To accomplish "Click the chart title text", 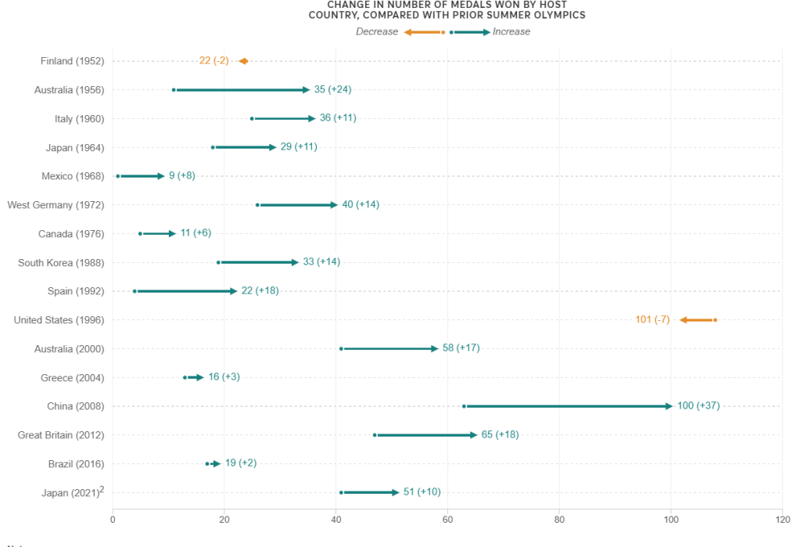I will (x=447, y=9).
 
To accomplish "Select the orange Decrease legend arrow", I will (x=424, y=32).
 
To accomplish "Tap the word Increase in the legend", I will (x=511, y=32).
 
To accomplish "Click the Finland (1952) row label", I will (x=72, y=61).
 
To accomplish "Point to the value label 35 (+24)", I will (x=332, y=90).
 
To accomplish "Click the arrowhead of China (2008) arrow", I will (x=669, y=406).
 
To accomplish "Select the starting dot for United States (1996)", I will (x=715, y=320).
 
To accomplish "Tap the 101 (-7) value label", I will (x=652, y=320).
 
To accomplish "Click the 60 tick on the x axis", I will (x=448, y=518).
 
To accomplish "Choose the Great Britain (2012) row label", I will (x=61, y=435).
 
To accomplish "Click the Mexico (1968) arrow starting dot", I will (x=118, y=176).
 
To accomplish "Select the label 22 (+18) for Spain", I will (x=260, y=291).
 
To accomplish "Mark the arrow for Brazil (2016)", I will (x=213, y=464).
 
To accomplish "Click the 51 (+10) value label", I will (x=422, y=492).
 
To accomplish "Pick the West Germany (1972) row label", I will (x=56, y=205).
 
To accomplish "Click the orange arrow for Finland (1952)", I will (x=243, y=61).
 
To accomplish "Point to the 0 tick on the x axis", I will (x=113, y=518).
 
